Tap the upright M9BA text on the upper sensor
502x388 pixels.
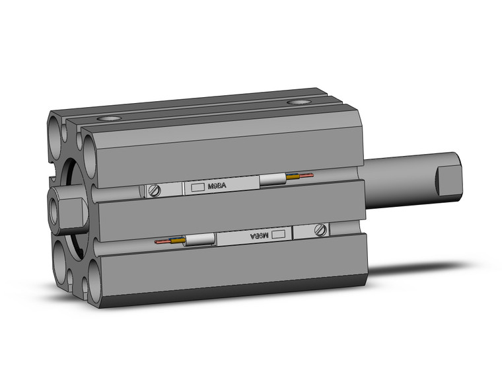(217, 187)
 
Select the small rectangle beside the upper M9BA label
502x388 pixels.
(197, 188)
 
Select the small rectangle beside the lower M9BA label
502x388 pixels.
(279, 233)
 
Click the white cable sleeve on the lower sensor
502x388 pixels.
(199, 241)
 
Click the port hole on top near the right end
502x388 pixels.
(300, 102)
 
